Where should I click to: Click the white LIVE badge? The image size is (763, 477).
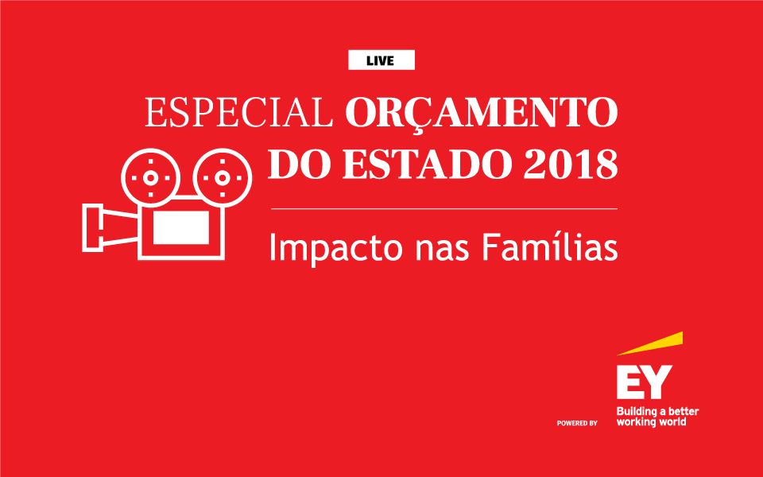381,60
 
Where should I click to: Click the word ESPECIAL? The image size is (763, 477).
238,112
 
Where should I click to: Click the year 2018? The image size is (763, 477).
571,165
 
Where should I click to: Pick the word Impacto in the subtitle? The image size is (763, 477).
335,248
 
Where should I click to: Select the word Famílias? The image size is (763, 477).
550,246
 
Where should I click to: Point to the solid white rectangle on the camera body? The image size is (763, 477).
181,227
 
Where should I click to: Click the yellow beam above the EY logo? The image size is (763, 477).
650,343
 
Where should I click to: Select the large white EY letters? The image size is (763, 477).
645,382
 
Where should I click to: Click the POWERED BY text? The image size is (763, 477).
577,424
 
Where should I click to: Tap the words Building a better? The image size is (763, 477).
657,412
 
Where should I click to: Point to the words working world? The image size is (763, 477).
651,422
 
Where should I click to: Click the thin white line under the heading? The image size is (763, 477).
443,209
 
